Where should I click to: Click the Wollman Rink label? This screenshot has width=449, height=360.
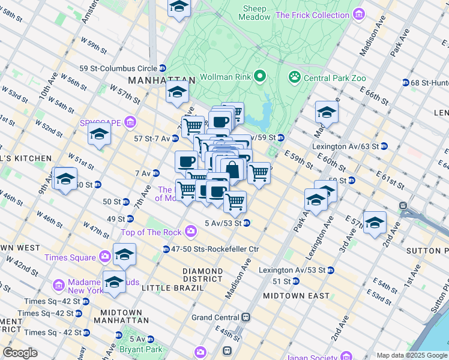225,76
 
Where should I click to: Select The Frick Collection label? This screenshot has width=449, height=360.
313,14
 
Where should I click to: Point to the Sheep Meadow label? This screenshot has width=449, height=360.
257,13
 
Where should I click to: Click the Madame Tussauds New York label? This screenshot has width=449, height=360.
91,287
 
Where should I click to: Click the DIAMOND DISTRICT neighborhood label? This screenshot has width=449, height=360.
203,275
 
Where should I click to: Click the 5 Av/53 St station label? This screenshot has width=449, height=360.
222,223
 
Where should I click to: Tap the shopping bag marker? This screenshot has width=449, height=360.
232,169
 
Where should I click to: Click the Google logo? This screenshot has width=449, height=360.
20,353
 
